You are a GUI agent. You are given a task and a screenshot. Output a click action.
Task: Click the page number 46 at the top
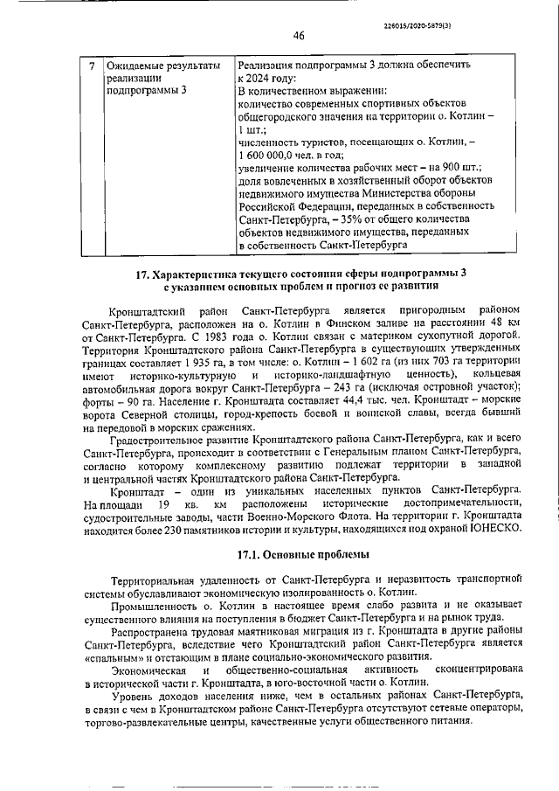pyautogui.click(x=299, y=36)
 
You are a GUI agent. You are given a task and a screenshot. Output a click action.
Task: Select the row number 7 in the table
pyautogui.click(x=93, y=66)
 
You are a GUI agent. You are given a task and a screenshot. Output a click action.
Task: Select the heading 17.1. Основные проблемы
pyautogui.click(x=300, y=554)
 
